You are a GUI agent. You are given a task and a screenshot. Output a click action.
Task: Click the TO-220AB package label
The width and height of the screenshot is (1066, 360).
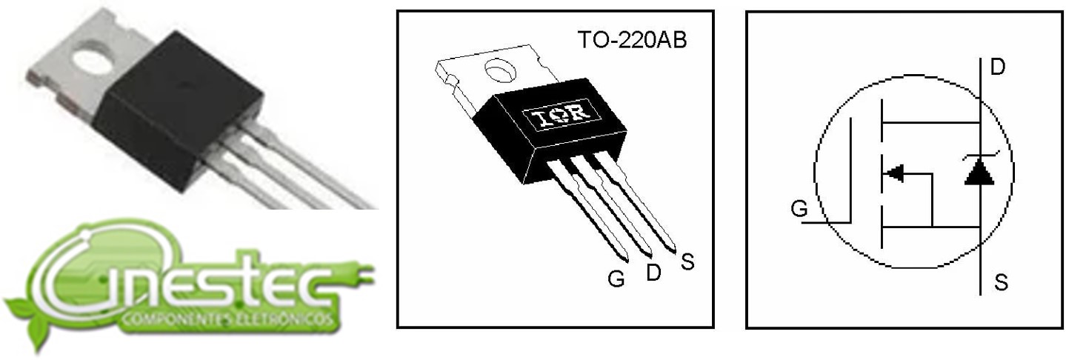633,40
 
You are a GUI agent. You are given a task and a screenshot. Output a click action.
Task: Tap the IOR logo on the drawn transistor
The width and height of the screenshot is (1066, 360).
562,116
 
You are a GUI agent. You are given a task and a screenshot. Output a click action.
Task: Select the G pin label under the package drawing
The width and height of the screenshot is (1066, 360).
616,279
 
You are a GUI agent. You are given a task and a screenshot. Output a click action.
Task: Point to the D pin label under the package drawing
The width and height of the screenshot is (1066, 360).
654,272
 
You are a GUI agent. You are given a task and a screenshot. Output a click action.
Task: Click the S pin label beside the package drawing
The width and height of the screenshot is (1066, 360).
687,261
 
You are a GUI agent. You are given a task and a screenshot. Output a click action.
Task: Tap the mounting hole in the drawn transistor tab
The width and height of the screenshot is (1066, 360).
501,71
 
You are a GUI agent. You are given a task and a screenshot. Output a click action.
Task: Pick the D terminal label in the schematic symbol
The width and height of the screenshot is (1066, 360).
997,67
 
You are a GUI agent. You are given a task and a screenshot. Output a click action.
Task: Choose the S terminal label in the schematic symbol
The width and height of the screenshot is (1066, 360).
1002,283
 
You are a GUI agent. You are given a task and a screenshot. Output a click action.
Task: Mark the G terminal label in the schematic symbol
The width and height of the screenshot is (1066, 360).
799,209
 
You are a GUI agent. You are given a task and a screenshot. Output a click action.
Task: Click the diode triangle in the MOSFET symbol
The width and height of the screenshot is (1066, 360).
979,171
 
